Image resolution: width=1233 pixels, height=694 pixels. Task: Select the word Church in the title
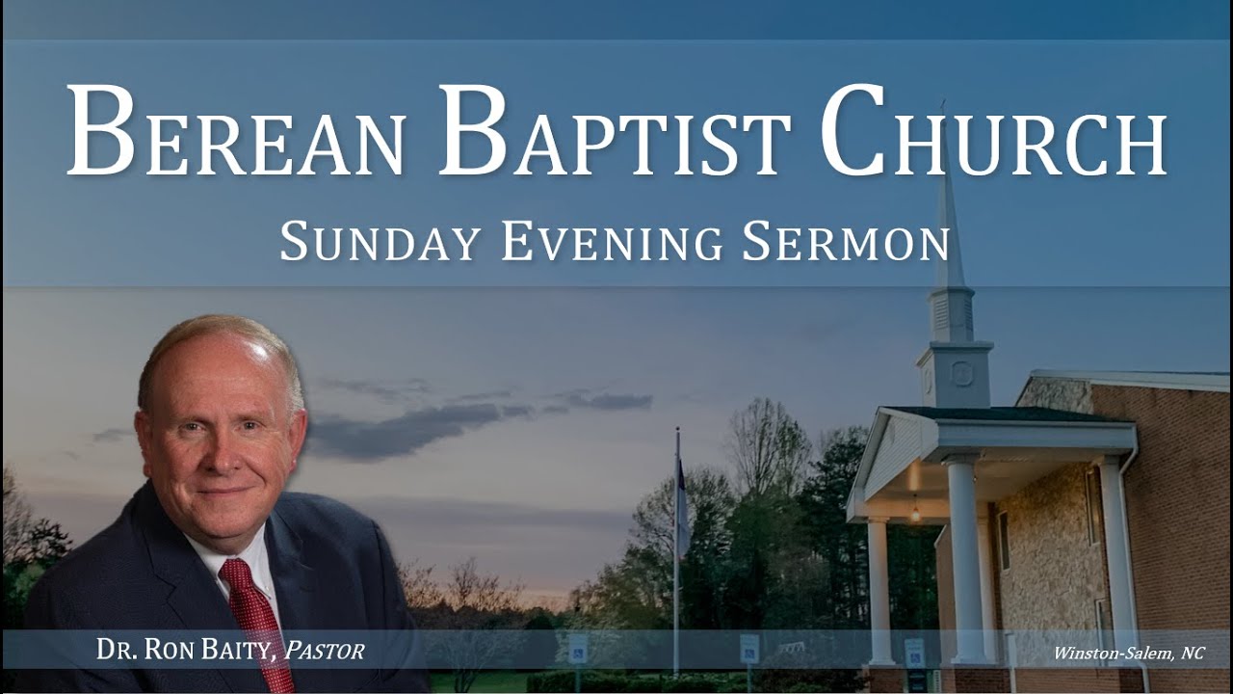point(992,133)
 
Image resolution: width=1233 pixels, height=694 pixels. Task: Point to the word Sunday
point(380,242)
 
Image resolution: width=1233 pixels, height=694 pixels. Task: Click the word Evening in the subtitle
point(611,242)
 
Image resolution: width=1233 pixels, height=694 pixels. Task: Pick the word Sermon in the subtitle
point(845,242)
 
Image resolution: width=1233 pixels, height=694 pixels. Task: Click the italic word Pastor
point(325,651)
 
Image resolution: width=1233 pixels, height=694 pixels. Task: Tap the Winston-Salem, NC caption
point(1128,653)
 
